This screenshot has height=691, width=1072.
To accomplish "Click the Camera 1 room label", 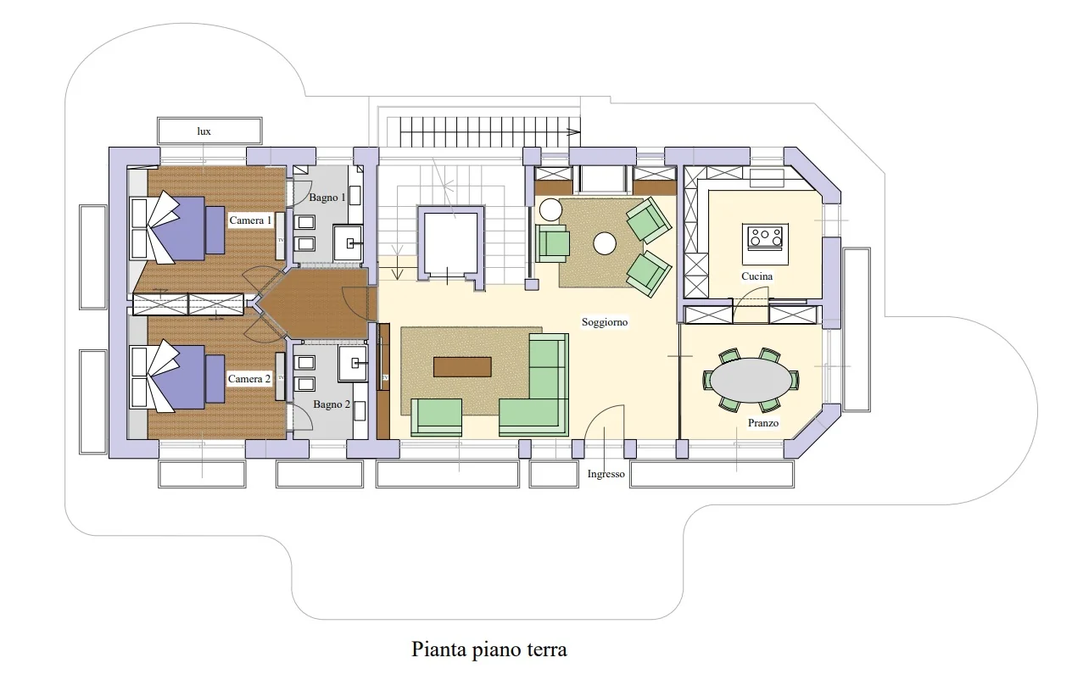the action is pos(250,220).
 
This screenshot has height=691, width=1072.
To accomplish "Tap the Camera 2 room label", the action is pos(248,379).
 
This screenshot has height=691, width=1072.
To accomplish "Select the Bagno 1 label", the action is pos(327,198).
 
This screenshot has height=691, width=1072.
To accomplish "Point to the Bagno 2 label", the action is pos(331,404).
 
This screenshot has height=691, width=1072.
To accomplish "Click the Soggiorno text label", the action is pos(605,322).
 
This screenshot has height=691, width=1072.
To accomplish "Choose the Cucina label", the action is pos(757,276).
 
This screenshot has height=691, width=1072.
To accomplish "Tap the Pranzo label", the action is pos(762,423).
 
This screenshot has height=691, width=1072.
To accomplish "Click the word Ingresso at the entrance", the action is pos(606,474).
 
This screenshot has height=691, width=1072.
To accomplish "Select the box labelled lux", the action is pos(209,131).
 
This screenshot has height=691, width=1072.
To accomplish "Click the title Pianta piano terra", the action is pos(489,649).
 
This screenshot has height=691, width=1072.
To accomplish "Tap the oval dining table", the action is pos(751,380).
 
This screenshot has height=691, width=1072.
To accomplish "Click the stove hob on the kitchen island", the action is pos(765,237).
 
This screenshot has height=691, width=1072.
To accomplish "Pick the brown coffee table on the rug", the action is pos(462,367).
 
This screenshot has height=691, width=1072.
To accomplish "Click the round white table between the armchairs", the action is pos(605,243).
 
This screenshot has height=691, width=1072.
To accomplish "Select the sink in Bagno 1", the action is pos(348,243).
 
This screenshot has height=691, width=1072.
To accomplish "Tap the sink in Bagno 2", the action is pos(353,363).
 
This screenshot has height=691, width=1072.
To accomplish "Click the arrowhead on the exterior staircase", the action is pos(574,132).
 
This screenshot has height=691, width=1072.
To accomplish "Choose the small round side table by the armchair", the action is pos(550,210).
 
